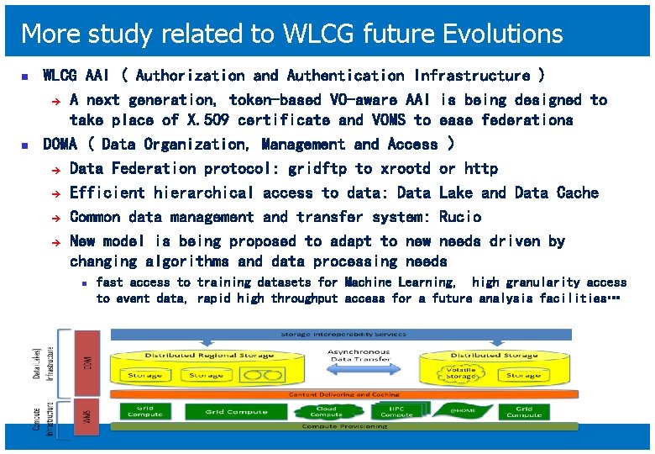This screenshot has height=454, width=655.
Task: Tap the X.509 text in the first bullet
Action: pos(208,120)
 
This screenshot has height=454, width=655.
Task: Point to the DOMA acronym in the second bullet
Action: pos(60,144)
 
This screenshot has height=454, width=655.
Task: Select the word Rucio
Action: pos(460,217)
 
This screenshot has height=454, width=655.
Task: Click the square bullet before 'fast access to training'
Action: pos(86,283)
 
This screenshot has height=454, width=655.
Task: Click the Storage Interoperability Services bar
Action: pos(345,335)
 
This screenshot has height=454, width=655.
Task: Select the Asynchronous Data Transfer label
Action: pos(359,356)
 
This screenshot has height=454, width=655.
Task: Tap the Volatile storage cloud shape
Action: pos(460,372)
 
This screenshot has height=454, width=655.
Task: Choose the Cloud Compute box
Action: pos(326,411)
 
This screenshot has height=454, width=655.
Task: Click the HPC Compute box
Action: pos(396,411)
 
